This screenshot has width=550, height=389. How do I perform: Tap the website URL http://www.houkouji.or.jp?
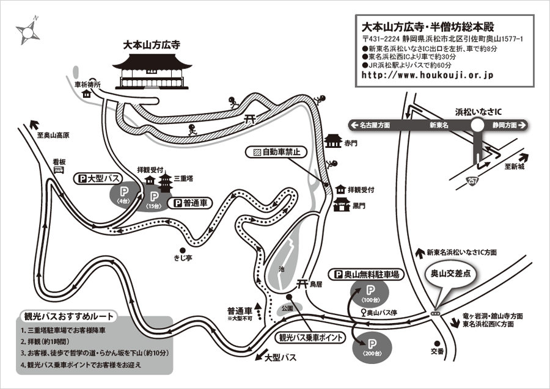tap(428, 75)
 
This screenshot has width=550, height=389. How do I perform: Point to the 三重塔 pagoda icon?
tap(166, 181)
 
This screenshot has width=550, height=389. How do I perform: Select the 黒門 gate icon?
tap(341, 205)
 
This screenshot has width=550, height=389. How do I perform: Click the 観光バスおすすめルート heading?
tap(68, 318)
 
